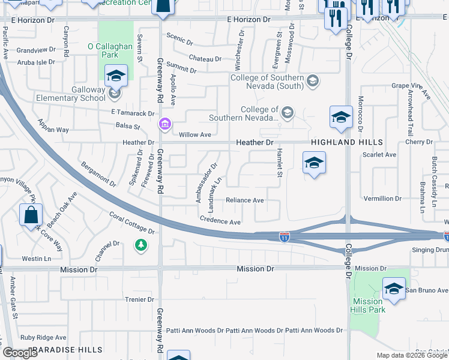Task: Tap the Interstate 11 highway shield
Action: [285, 238]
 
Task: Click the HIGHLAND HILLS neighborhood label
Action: [347, 142]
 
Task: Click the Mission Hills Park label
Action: [368, 305]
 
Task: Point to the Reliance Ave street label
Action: [244, 200]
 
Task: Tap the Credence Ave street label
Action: [220, 221]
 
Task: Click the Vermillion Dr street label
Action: [382, 198]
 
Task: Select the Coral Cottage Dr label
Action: [132, 223]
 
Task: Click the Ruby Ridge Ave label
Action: [43, 338]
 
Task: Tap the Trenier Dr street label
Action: [139, 299]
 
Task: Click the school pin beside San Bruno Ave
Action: [394, 290]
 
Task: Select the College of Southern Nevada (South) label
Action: [276, 82]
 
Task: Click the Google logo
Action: [20, 353]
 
